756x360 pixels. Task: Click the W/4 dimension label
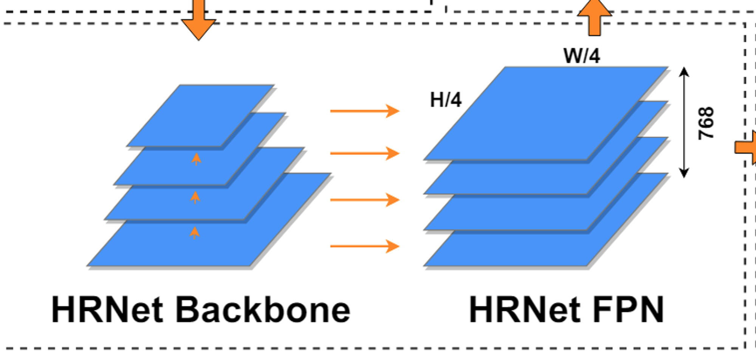tap(581, 56)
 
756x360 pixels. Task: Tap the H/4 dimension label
tap(446, 100)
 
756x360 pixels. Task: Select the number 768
tap(706, 123)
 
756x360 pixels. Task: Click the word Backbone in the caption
tap(263, 310)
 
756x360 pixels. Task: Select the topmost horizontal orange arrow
tap(364, 111)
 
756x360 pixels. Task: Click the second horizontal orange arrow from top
tap(364, 153)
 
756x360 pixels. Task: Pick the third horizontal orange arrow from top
tap(364, 199)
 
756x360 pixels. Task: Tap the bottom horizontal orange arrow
tap(364, 246)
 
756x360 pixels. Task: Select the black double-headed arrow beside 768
tap(684, 122)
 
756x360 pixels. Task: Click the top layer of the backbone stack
tap(200, 113)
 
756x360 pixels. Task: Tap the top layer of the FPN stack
tap(544, 113)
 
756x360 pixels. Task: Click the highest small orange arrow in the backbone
tap(196, 159)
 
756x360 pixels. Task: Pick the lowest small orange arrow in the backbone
tap(195, 233)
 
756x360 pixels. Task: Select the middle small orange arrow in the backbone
tap(195, 197)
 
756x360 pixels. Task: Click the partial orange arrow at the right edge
tap(747, 147)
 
